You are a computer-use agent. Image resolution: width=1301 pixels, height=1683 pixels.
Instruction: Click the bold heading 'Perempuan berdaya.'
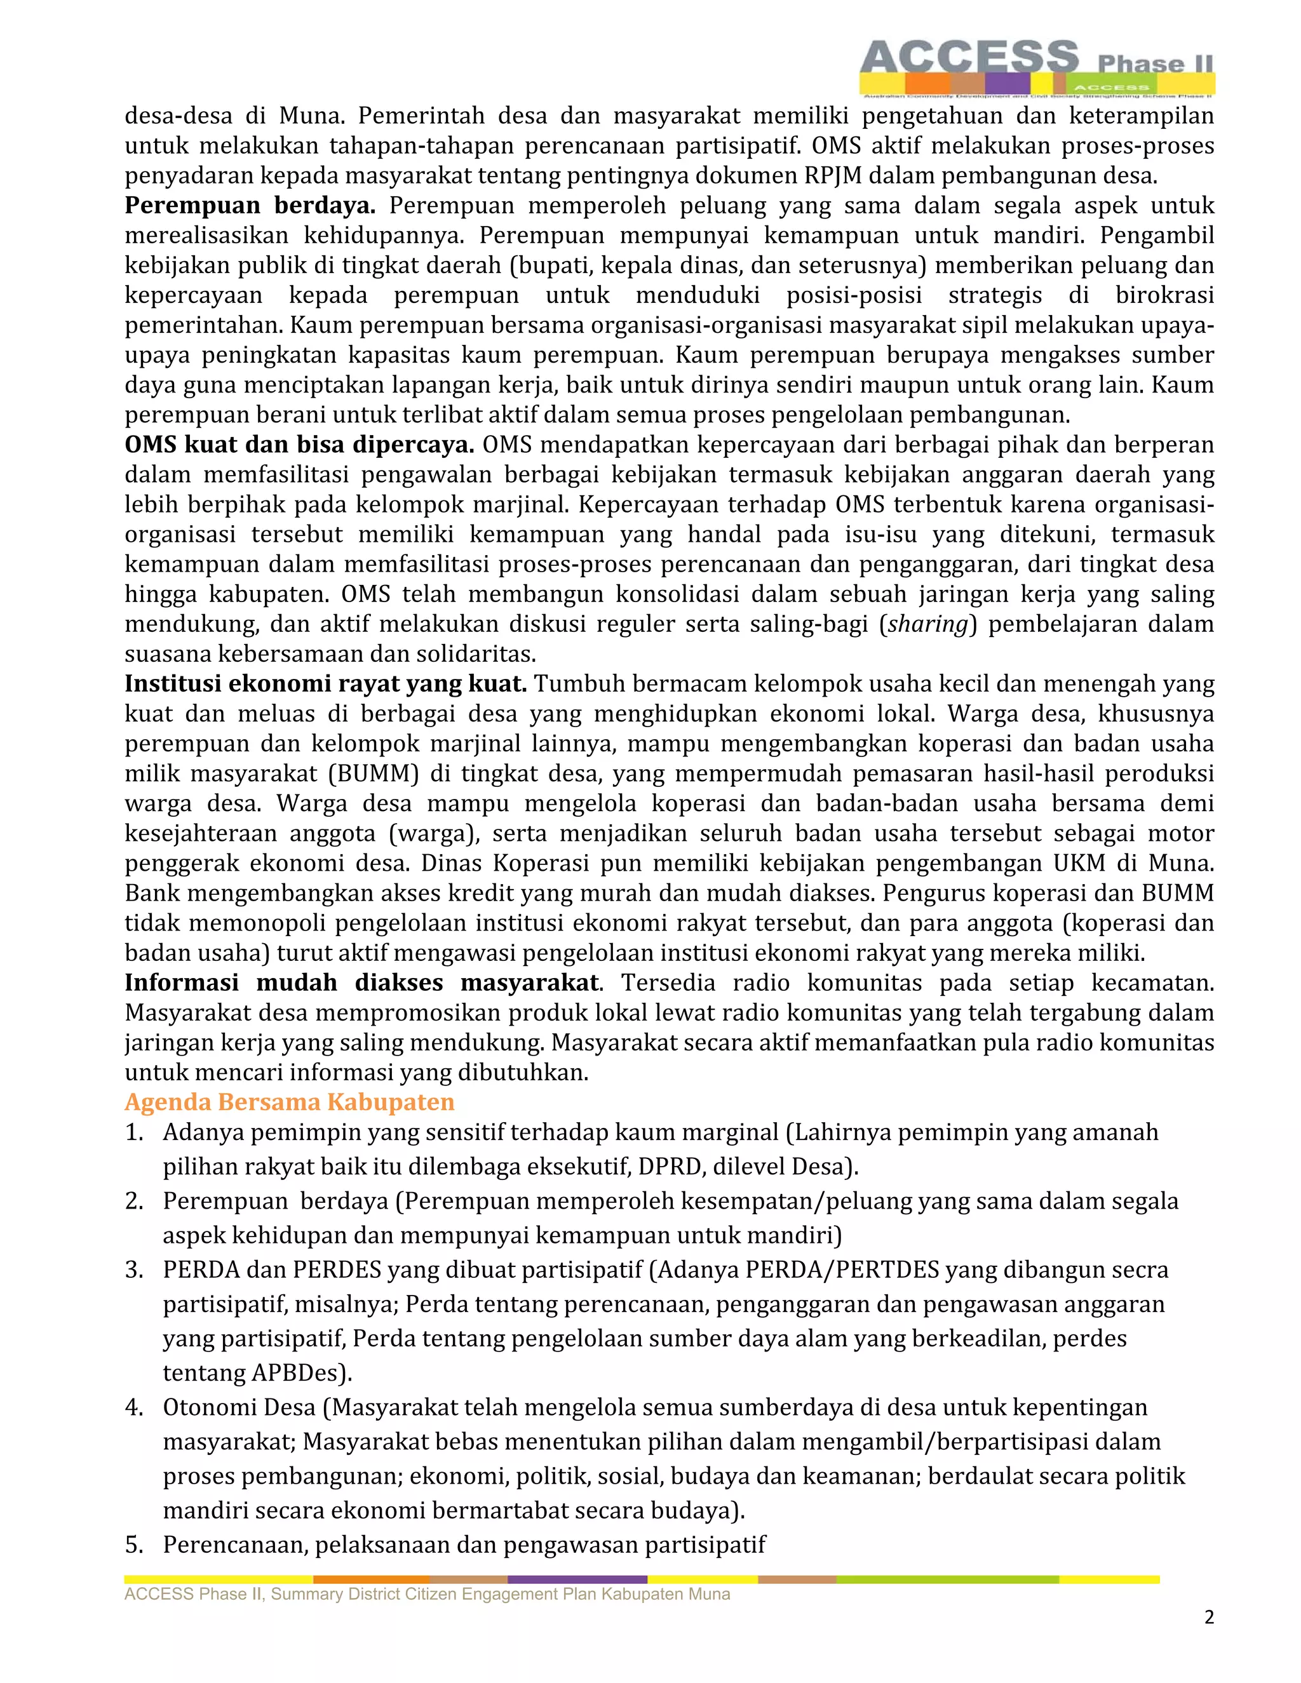(x=250, y=206)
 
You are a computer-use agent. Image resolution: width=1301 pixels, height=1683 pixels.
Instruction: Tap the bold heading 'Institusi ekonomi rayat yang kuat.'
(x=326, y=683)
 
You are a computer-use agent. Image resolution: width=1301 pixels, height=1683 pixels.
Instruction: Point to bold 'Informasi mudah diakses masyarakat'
(x=361, y=982)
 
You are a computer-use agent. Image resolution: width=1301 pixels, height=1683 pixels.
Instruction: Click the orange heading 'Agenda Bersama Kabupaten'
(x=290, y=1102)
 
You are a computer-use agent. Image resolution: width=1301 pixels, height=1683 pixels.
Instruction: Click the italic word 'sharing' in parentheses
(x=927, y=624)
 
